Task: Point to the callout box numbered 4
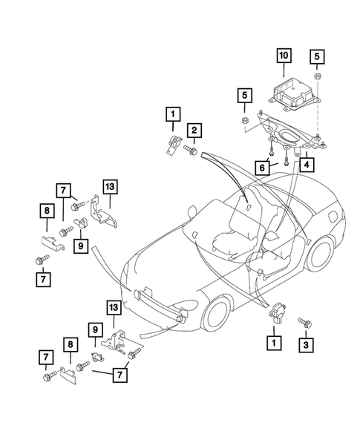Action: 305,165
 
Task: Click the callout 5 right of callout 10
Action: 316,56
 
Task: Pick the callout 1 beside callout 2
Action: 172,114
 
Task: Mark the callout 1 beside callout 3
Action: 275,343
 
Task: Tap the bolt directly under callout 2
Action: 189,151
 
